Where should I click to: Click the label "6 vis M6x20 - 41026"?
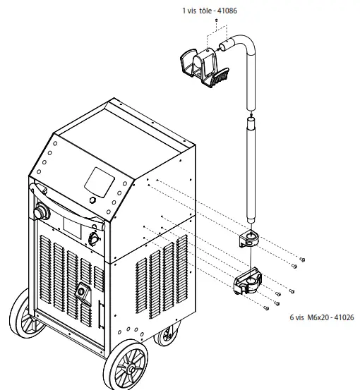click(x=320, y=318)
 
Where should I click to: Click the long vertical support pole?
click(x=250, y=169)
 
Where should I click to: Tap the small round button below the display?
click(x=92, y=202)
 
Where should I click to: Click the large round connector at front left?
click(x=39, y=211)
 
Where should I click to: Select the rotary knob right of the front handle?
click(x=92, y=240)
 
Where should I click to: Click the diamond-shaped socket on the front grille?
click(x=83, y=291)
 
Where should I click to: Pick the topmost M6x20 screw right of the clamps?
click(x=303, y=259)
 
